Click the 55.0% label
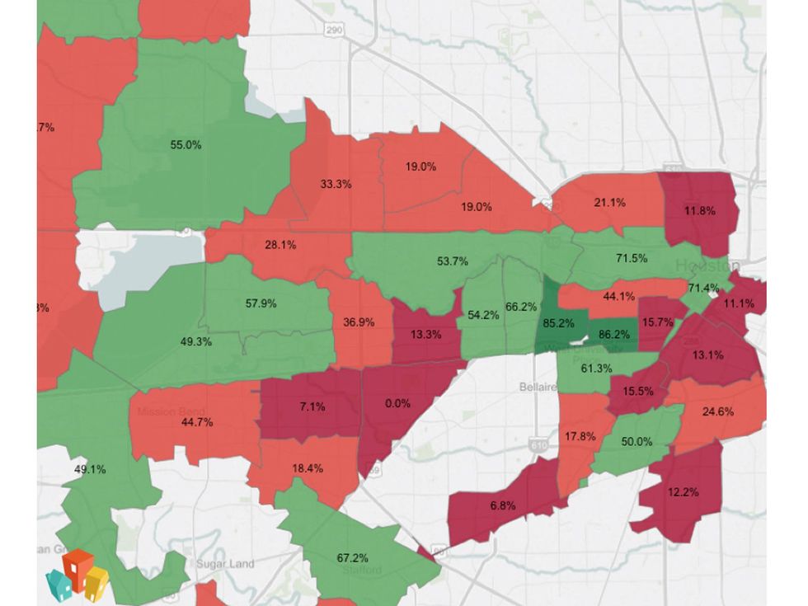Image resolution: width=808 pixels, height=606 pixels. (186, 144)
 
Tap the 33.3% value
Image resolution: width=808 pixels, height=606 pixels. (336, 184)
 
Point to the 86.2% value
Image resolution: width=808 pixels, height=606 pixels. (613, 335)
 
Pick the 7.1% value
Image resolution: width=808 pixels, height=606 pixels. (312, 406)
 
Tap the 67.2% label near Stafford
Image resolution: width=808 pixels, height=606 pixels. (352, 557)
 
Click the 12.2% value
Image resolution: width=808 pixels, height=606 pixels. (684, 492)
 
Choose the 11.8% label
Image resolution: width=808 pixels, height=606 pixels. (699, 210)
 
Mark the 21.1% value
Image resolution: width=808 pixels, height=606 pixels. (609, 202)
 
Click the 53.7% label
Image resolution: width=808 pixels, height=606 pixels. (452, 261)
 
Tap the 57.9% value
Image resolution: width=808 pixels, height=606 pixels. (261, 303)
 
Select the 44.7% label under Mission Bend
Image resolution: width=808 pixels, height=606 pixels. (197, 421)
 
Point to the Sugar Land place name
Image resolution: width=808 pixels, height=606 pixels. (225, 564)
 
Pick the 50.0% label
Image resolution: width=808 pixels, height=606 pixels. (637, 441)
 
